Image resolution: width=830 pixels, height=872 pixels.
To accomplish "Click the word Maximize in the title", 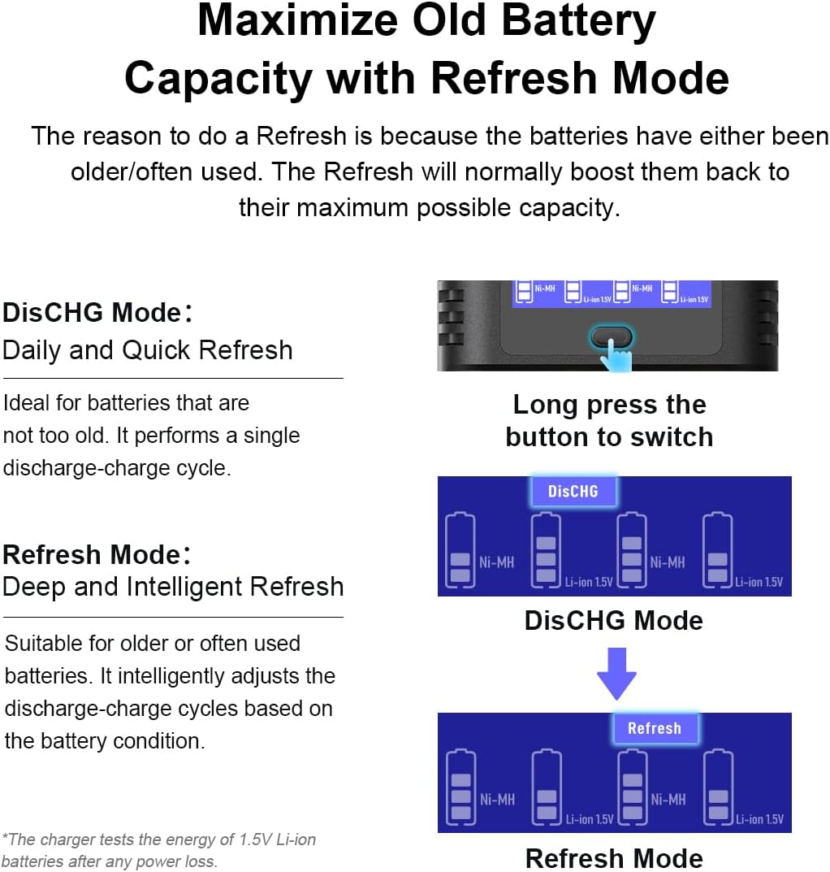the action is [x=297, y=20].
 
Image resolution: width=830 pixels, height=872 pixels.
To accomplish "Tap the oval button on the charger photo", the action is [x=611, y=336].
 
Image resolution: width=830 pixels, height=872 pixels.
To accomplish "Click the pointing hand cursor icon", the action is [x=617, y=356].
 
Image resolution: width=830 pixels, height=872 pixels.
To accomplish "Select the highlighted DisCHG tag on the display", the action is [x=573, y=491].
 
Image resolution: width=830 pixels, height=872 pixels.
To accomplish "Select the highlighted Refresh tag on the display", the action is [x=655, y=728].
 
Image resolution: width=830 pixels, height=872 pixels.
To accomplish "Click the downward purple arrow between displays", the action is [x=616, y=674].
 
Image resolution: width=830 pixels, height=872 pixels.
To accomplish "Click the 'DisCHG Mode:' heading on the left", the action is [x=97, y=313].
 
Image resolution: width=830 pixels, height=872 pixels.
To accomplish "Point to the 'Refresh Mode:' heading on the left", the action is [x=97, y=554].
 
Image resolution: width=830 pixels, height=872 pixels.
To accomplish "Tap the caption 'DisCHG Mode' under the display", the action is [x=614, y=620].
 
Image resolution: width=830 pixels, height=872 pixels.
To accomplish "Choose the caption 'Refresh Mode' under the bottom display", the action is [x=614, y=858].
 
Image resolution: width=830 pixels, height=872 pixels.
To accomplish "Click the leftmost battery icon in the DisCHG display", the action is [x=460, y=550].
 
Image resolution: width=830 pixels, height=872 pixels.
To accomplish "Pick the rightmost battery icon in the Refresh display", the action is [x=719, y=787].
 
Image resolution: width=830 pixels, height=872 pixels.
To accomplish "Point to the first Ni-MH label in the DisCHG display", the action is [x=497, y=562].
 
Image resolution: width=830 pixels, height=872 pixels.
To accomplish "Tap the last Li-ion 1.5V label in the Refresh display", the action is [x=760, y=819].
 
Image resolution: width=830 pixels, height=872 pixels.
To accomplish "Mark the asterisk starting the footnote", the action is [x=5, y=836].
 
